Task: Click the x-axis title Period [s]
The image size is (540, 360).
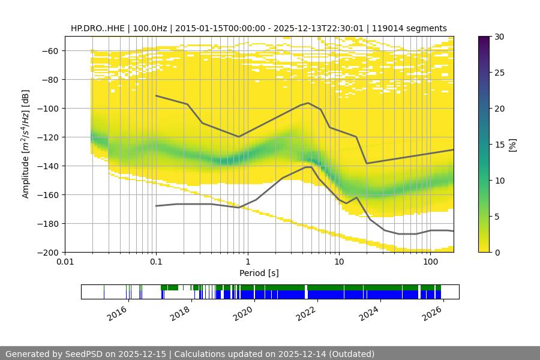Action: coord(259,273)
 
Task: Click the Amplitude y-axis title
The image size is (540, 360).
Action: coord(25,144)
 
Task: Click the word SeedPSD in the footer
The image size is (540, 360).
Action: coord(85,354)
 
